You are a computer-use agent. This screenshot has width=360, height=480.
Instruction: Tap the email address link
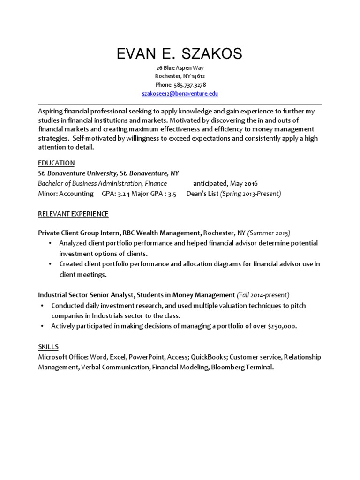(180, 94)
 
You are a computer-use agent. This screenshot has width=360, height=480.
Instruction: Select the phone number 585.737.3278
(189, 85)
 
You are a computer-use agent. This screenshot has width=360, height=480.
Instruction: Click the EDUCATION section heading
(56, 163)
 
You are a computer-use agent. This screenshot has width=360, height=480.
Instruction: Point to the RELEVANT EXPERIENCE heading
(73, 214)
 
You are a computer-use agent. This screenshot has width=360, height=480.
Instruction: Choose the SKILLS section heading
(48, 347)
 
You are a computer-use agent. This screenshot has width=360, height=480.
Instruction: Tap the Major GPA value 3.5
(172, 194)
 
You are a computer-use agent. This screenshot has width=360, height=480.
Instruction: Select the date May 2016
(244, 183)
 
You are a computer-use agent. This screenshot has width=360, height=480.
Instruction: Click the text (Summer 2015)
(269, 233)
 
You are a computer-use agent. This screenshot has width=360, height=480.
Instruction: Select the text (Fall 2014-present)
(263, 295)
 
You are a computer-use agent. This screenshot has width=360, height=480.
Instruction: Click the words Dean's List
(202, 194)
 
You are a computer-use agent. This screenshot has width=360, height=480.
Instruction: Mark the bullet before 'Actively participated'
(42, 326)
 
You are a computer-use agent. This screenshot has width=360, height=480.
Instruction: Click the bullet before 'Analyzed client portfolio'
(51, 243)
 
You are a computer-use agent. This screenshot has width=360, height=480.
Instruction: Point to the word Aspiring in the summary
(51, 112)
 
